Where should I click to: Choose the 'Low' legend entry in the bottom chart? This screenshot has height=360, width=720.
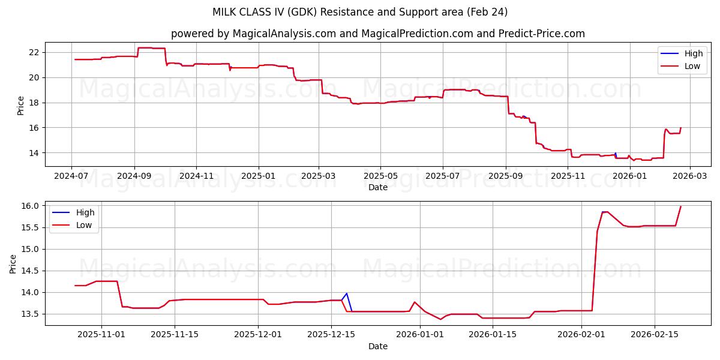[x=84, y=225]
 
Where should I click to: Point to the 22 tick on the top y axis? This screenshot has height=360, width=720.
[x=34, y=52]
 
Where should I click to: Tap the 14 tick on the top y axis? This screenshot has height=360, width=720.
[x=34, y=153]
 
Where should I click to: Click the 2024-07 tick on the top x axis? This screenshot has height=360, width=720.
[x=71, y=176]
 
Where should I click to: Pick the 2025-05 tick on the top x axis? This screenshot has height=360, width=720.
[x=380, y=176]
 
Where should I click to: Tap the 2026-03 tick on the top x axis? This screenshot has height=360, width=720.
[x=689, y=176]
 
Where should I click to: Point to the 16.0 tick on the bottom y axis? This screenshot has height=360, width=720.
[x=30, y=206]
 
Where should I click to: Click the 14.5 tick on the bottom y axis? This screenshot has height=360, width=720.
[x=30, y=271]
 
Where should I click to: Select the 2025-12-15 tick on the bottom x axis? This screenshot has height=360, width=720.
[x=331, y=335]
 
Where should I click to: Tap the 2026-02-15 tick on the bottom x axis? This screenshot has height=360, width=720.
[x=654, y=335]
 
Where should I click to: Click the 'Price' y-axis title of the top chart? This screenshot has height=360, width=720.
[x=21, y=105]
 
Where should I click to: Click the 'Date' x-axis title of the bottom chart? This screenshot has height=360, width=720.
[x=378, y=346]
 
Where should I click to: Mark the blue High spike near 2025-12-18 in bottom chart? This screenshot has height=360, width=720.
[x=347, y=293]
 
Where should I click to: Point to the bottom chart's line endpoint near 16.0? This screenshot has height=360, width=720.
[x=680, y=207]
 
